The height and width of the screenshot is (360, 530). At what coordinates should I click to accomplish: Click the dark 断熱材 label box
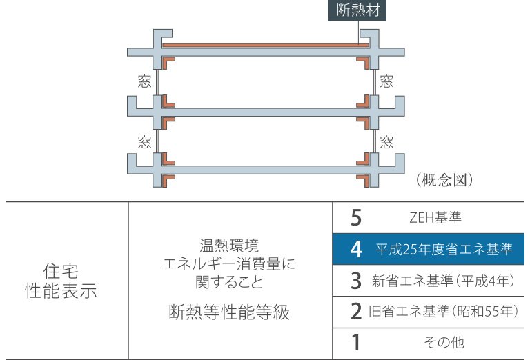click(358, 11)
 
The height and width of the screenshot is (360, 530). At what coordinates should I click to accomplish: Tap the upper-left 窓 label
click(144, 81)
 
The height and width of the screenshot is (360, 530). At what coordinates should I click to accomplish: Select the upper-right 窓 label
click(386, 81)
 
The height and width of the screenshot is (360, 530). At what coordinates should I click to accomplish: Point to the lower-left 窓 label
click(144, 143)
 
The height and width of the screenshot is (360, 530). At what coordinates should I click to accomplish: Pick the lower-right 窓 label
click(386, 143)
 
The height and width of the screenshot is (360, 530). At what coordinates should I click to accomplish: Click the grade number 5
click(356, 218)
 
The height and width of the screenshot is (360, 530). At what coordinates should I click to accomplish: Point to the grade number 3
click(356, 281)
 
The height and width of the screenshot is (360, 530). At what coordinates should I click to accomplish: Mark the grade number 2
click(356, 312)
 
